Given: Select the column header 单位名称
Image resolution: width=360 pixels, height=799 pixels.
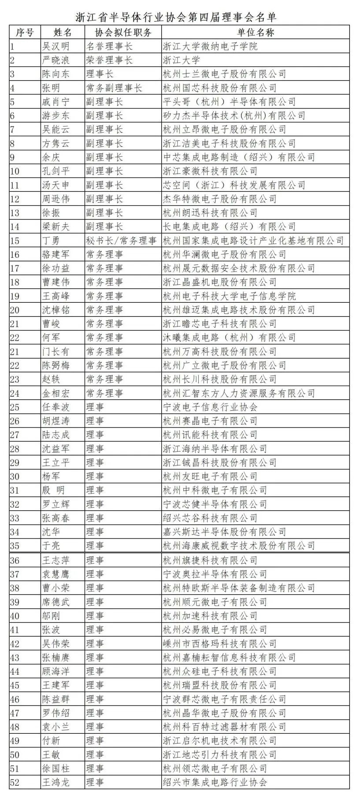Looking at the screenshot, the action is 256,32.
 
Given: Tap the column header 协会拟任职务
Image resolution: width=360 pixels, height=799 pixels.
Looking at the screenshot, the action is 123,32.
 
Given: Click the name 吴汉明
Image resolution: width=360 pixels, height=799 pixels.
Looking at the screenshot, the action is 56,46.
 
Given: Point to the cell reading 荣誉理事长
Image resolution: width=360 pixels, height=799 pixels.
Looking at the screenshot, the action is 109,60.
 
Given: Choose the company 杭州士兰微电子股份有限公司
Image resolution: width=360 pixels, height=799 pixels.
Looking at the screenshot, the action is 224,74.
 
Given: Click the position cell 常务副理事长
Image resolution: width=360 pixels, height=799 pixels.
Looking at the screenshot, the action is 114,88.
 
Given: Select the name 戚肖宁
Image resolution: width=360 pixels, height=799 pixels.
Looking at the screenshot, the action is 56,102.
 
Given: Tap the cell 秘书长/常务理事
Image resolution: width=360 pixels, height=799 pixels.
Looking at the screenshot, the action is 122,241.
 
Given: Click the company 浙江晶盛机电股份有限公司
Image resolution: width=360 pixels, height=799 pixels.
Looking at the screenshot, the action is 219,282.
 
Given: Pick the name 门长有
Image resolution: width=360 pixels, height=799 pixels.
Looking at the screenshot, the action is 56,352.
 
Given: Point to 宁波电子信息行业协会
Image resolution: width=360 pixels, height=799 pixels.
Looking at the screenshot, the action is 210,407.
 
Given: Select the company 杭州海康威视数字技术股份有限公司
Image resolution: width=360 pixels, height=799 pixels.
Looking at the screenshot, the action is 239,546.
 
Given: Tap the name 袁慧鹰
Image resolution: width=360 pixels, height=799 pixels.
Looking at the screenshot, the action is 56,574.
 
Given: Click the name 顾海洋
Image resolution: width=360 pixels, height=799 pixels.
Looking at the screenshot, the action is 56,672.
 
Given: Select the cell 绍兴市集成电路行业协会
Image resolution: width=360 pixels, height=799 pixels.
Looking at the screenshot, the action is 215,783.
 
